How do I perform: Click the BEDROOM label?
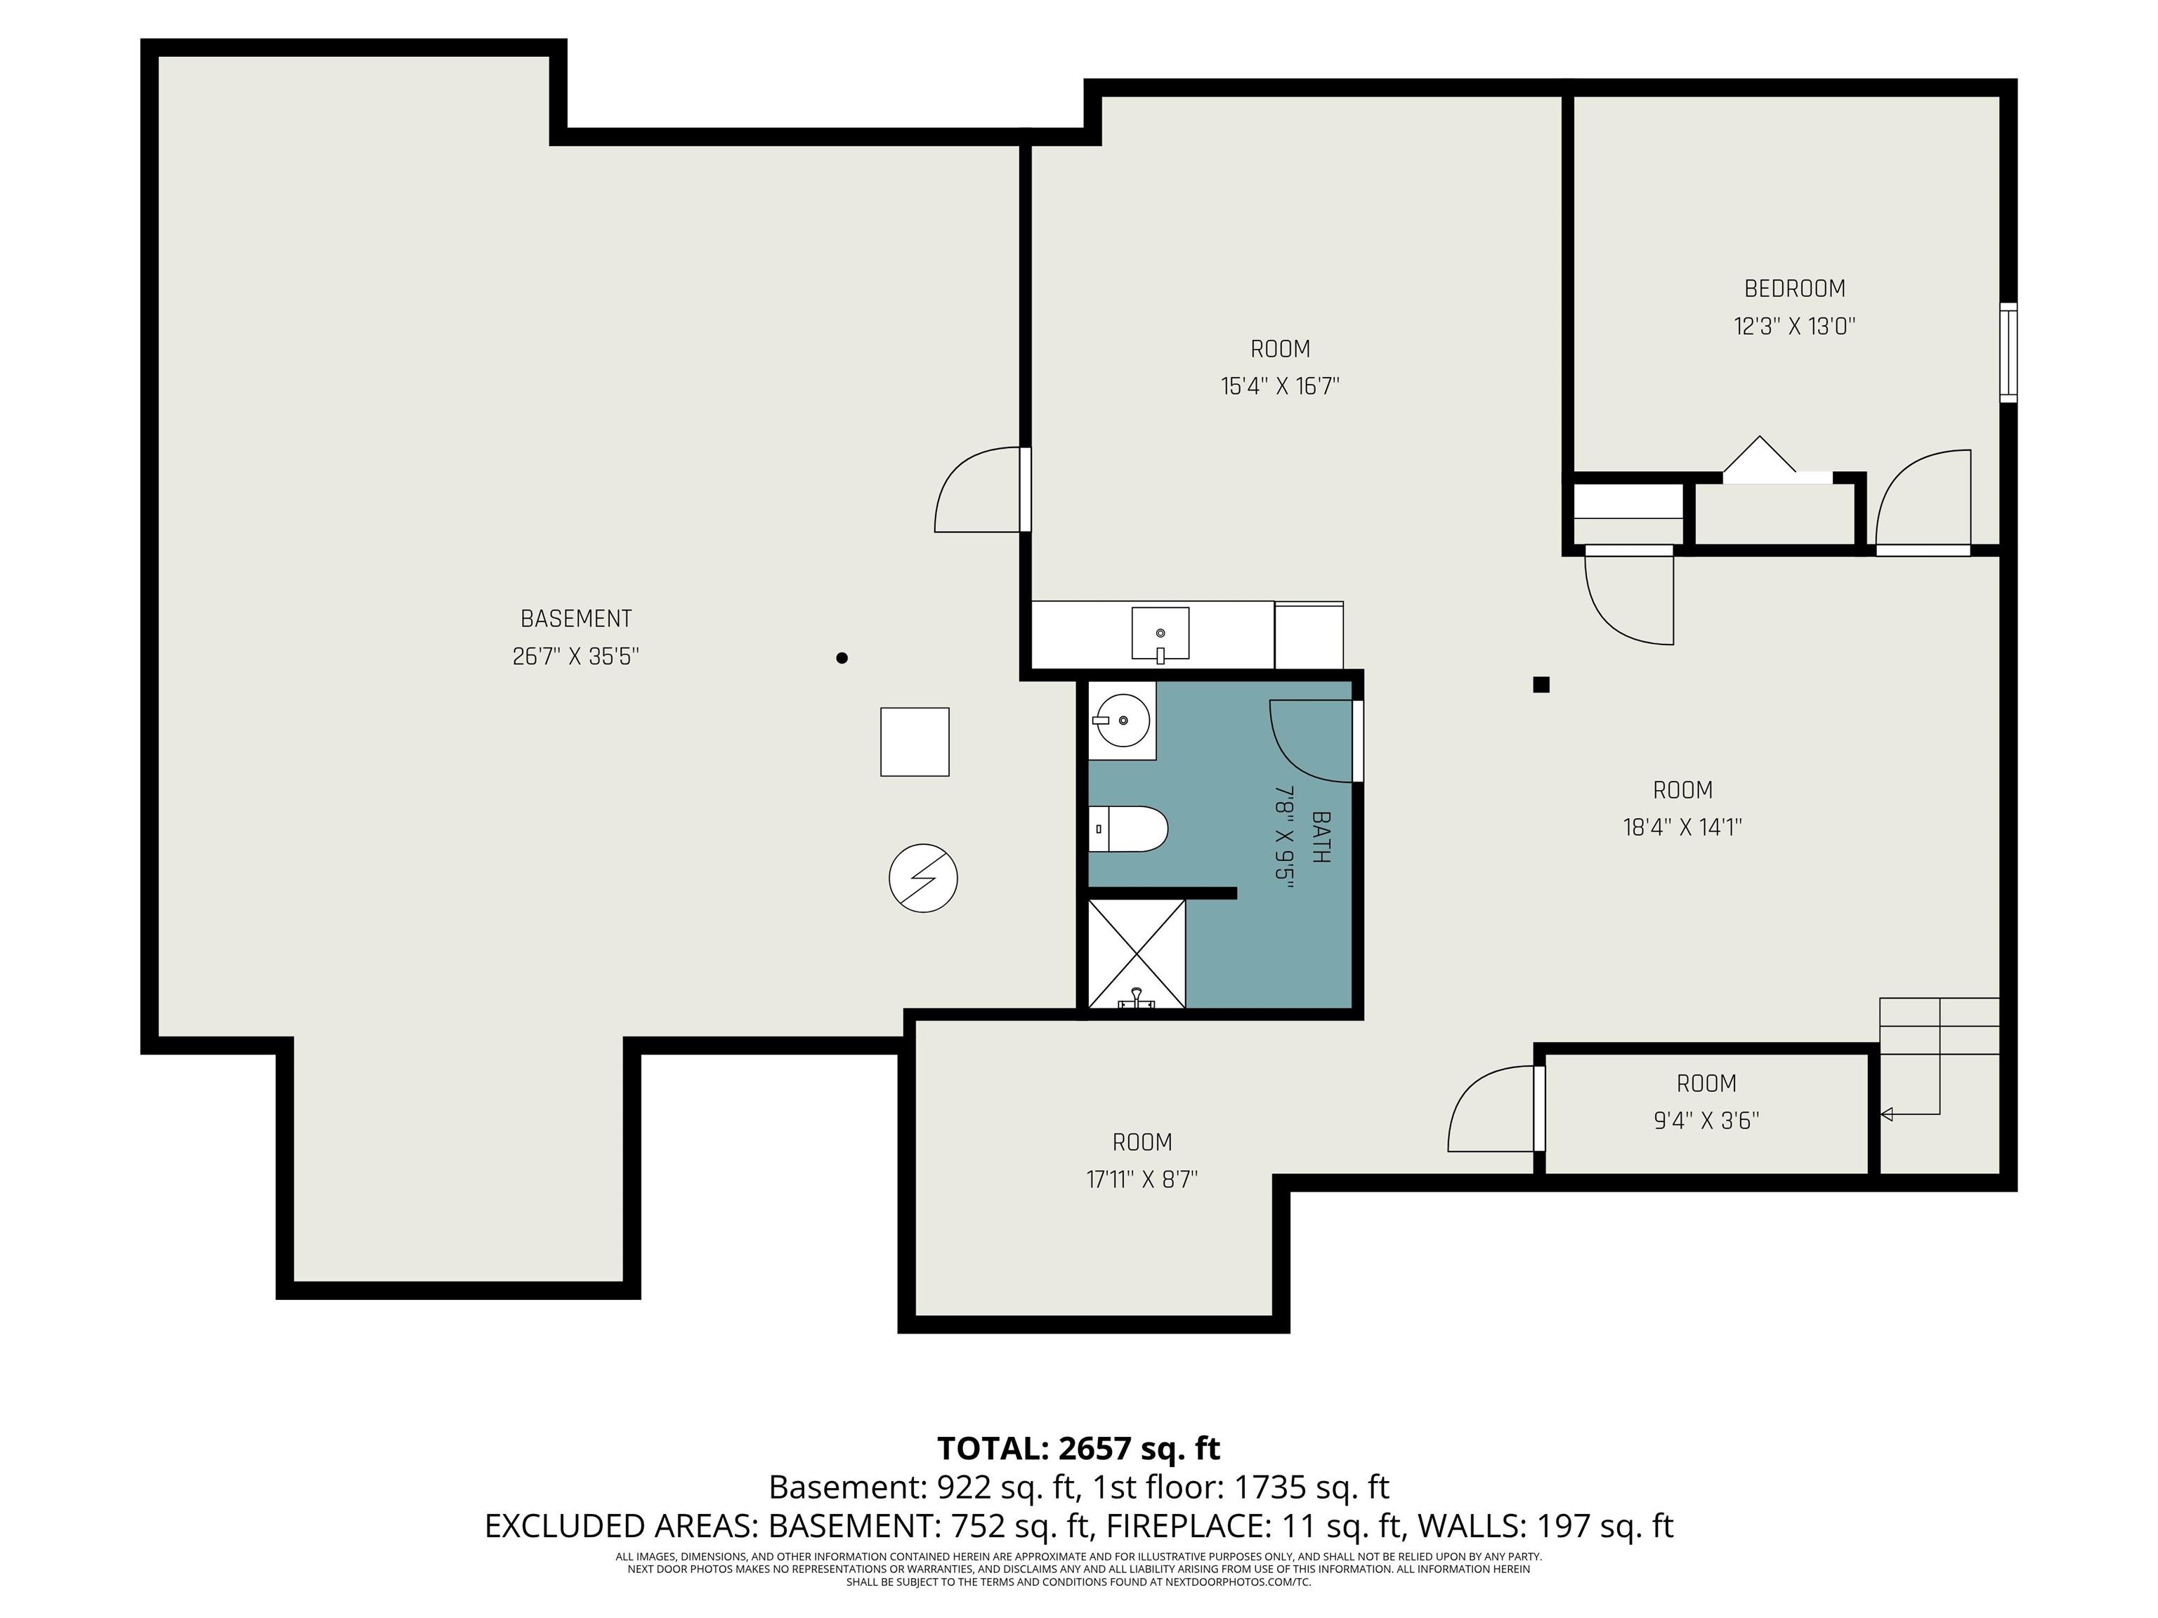click(x=1794, y=289)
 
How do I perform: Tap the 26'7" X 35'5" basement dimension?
click(x=575, y=657)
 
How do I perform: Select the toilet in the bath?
click(x=1129, y=829)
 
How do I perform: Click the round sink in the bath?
click(x=1122, y=721)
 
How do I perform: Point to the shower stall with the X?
click(x=1136, y=954)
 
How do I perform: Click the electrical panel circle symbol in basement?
click(x=923, y=878)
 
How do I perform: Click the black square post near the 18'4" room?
click(x=1541, y=685)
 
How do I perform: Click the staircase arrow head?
click(x=1887, y=1114)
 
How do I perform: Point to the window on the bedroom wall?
click(x=2008, y=352)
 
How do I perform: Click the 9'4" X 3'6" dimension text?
click(x=1706, y=1121)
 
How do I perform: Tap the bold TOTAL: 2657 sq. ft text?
click(x=1078, y=1448)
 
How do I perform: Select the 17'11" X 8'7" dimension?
click(x=1142, y=1179)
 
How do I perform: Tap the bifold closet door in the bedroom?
click(x=1760, y=459)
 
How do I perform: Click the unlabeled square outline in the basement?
click(x=914, y=742)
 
